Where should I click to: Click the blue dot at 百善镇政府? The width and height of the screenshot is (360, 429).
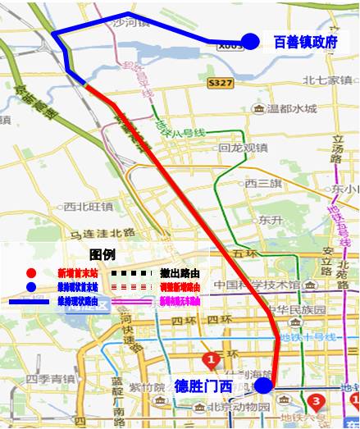(x=251, y=41)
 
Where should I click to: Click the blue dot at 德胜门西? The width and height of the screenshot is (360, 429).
(x=262, y=386)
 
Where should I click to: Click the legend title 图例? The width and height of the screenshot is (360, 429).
(x=102, y=255)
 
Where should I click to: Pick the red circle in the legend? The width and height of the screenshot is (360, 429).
(x=30, y=272)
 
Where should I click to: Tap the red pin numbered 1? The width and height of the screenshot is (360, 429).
(x=212, y=358)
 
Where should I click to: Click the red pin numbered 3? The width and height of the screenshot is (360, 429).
(x=317, y=401)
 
